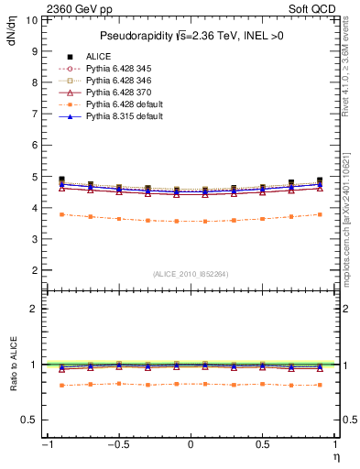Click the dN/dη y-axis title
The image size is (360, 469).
pos(12,35)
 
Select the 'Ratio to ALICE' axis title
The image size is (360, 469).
pos(12,365)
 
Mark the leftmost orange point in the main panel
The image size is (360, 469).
pos(61,214)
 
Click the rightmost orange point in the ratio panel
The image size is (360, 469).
pos(320,386)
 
